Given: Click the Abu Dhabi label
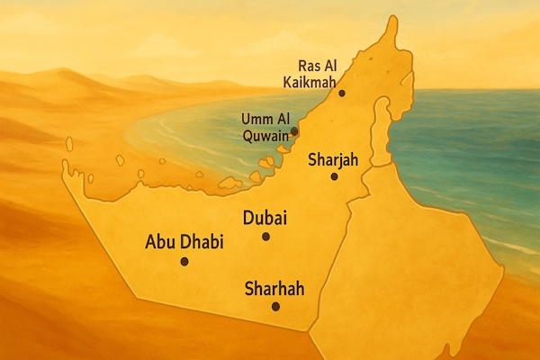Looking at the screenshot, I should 184,243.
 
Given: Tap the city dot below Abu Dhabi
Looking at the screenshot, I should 184,262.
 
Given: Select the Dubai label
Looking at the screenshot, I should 265,218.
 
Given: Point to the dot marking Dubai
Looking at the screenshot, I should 265,237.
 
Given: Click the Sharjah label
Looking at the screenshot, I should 333,160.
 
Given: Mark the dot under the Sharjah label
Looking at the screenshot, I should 334,176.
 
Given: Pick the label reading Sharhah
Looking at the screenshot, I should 274,289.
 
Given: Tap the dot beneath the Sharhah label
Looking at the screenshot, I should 275,307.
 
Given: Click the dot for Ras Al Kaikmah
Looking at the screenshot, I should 341,93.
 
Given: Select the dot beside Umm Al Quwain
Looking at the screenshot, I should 294,131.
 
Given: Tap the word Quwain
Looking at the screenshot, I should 266,137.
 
